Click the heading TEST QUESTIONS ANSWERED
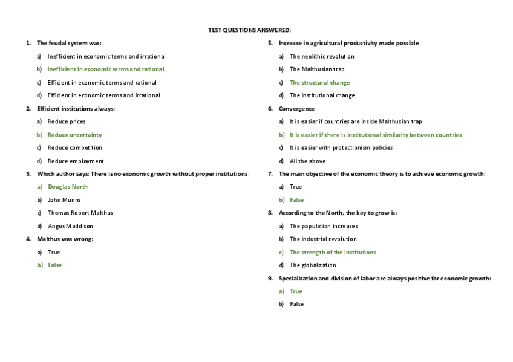[x=249, y=30]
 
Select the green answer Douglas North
[x=67, y=187]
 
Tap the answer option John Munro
[x=64, y=200]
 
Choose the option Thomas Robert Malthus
[x=80, y=213]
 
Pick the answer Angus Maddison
[x=70, y=226]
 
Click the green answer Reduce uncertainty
[x=74, y=135]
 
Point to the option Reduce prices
[x=67, y=121]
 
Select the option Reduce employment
[x=76, y=161]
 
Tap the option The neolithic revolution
[x=322, y=56]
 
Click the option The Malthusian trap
[x=317, y=69]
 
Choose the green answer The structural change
[x=319, y=83]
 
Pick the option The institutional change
[x=322, y=95]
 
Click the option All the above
[x=307, y=161]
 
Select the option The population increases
[x=324, y=226]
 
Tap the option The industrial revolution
[x=323, y=239]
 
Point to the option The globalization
[x=313, y=265]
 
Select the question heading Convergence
[x=296, y=109]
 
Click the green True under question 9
[x=296, y=291]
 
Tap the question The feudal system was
[x=69, y=43]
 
